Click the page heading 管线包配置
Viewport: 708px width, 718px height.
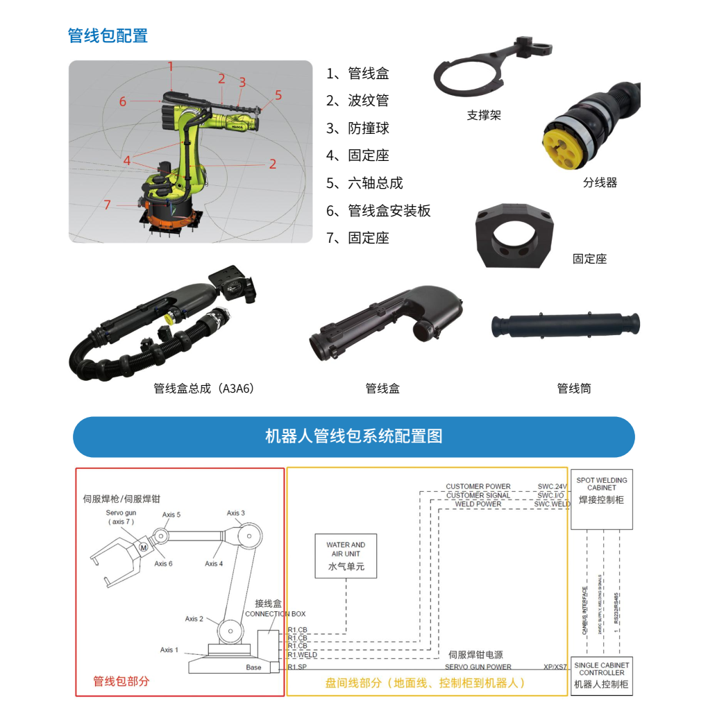point(108,35)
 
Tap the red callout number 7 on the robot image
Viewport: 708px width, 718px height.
point(107,205)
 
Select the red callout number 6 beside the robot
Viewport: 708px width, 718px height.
point(122,102)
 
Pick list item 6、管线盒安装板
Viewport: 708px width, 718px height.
point(378,211)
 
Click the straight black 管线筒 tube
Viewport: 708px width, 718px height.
point(565,325)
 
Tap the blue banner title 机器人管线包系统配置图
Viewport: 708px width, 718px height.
point(353,436)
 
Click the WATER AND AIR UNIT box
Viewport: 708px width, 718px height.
point(346,556)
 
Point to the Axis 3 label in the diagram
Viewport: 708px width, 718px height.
point(235,513)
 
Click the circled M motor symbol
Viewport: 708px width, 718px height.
point(144,547)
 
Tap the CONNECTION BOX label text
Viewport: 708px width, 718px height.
point(275,614)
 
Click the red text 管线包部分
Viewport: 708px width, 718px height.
point(121,681)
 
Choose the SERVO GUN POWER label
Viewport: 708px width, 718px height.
point(478,667)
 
